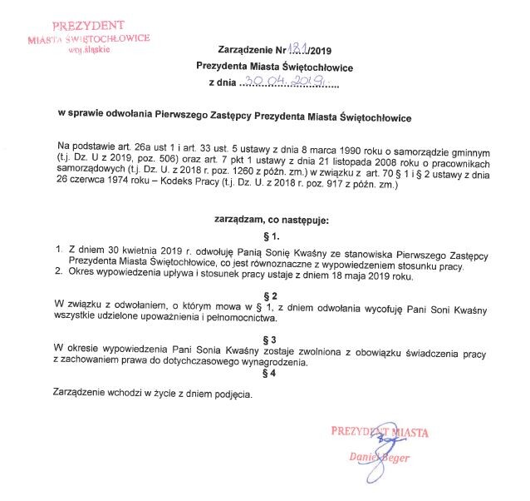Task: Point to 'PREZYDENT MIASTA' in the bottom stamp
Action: (379, 432)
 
